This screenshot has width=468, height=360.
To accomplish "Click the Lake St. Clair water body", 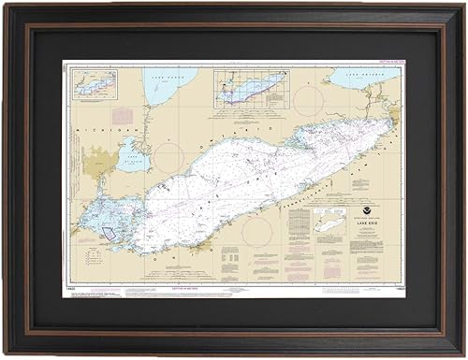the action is (131, 153).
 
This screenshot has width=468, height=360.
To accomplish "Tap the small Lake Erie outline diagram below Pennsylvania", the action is (329, 223).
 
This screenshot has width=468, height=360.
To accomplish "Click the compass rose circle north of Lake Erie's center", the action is (171, 157).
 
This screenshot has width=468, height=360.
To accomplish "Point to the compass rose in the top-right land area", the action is (309, 98).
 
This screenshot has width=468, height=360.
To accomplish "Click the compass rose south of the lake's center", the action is (256, 231).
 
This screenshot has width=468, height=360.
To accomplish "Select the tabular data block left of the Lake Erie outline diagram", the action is (299, 228).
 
